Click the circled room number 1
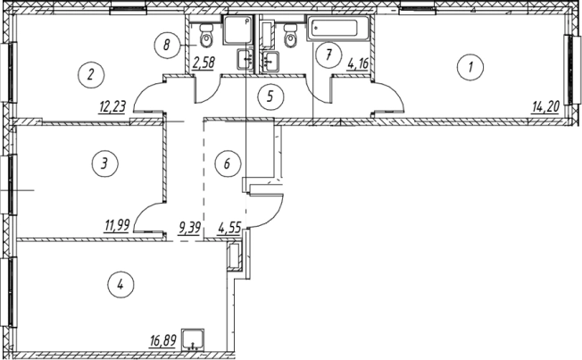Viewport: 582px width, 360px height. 470,68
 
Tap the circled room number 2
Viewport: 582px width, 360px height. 91,75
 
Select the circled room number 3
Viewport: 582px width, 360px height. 105,163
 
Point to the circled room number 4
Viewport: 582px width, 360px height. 121,285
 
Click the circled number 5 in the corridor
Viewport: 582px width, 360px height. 270,96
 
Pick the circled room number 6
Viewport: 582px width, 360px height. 228,163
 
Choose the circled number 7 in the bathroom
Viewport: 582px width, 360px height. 328,55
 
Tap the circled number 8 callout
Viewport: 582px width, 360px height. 167,45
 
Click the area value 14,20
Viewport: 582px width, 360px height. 545,108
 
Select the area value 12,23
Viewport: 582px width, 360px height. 112,107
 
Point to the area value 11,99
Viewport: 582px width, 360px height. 117,225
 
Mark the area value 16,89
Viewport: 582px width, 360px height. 162,341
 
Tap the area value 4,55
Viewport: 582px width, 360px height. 229,227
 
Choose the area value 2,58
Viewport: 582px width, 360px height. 204,62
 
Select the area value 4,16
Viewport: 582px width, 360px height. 357,63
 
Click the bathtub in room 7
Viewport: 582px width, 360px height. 337,28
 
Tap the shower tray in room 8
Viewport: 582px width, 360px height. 237,30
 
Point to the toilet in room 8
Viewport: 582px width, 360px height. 205,35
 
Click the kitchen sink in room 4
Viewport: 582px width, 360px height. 193,339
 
